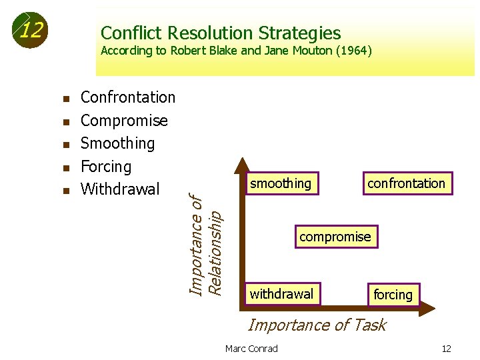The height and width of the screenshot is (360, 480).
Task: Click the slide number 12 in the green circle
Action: coord(31,30)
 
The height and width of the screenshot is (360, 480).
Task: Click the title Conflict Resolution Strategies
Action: coord(220,33)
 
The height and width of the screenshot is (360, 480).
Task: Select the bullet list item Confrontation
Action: coord(127,97)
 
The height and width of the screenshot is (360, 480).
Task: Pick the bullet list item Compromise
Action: coord(124,121)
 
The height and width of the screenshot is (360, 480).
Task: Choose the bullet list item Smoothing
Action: coord(117,143)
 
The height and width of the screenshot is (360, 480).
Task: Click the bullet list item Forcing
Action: coord(106,166)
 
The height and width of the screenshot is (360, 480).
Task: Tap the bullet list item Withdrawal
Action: coord(120,189)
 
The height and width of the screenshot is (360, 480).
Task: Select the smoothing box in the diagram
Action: coord(280,183)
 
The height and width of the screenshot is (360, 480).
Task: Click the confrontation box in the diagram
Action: coord(406,183)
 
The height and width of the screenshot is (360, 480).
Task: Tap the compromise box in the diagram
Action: coord(335,237)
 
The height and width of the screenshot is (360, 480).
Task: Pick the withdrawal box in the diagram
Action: coord(281,294)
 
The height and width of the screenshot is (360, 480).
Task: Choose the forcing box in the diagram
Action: coord(393,295)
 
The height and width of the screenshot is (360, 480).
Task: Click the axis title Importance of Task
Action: coord(317,325)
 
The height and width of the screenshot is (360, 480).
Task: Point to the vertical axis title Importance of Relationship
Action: coord(205,244)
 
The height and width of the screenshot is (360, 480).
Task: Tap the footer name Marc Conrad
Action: coord(251,349)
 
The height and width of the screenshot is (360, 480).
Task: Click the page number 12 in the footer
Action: coord(446,349)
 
